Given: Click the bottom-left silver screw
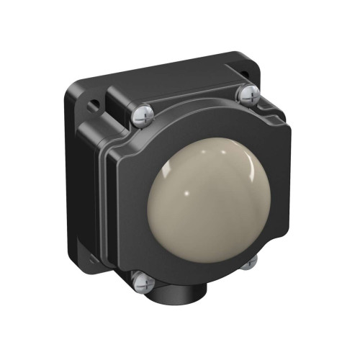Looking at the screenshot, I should point(142,282).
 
